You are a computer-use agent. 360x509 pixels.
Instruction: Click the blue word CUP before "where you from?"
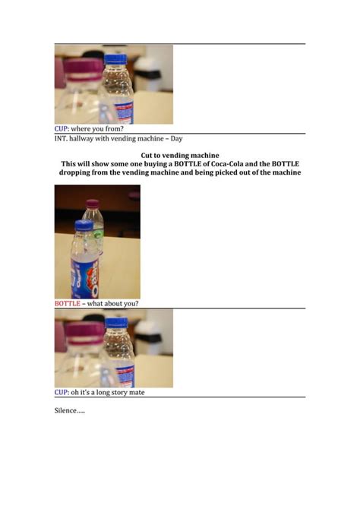pyautogui.click(x=62, y=129)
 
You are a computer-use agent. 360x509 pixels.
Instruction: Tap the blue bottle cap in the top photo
pyautogui.click(x=115, y=59)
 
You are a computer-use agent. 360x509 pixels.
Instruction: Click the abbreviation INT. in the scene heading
pyautogui.click(x=61, y=138)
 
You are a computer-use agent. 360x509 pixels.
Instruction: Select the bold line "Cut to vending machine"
pyautogui.click(x=180, y=155)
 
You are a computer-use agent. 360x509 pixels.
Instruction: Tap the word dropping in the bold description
pyautogui.click(x=79, y=172)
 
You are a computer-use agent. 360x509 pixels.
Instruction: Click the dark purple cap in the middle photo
pyautogui.click(x=93, y=204)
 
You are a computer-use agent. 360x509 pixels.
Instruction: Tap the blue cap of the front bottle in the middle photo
pyautogui.click(x=84, y=226)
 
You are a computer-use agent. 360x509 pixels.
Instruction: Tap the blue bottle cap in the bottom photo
pyautogui.click(x=115, y=323)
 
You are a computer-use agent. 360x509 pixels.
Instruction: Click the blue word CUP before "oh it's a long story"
pyautogui.click(x=62, y=393)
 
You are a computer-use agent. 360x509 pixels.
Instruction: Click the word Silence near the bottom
pyautogui.click(x=66, y=410)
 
